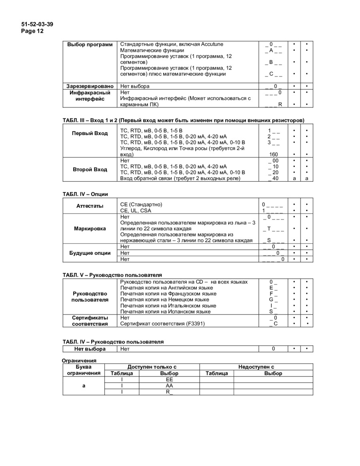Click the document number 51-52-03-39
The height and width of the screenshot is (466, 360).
tap(37, 24)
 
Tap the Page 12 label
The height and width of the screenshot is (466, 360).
tap(32, 31)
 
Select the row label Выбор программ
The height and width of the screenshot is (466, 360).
tap(90, 44)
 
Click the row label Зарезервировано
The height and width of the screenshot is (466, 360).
tap(90, 86)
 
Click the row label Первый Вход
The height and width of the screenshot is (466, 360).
tap(90, 133)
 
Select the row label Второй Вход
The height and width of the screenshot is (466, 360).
tap(90, 169)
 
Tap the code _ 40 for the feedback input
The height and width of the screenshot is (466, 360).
tap(274, 178)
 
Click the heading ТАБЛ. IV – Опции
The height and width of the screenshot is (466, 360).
tap(85, 194)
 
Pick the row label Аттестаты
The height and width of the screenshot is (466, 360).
tap(90, 206)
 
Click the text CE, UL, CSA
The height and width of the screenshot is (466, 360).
tap(136, 210)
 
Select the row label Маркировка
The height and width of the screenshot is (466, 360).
tap(90, 228)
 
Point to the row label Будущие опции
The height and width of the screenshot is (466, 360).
tap(90, 253)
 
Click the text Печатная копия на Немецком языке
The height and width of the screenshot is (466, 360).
tap(164, 300)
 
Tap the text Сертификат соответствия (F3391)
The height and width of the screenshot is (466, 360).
tap(162, 324)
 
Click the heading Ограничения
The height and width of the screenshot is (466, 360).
tap(79, 360)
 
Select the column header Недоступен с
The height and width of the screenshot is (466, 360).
tap(256, 367)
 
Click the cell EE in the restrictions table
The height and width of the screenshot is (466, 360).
tap(169, 380)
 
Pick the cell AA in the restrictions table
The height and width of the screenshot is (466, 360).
tap(169, 386)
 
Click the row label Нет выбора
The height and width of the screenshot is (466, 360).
tap(90, 349)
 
